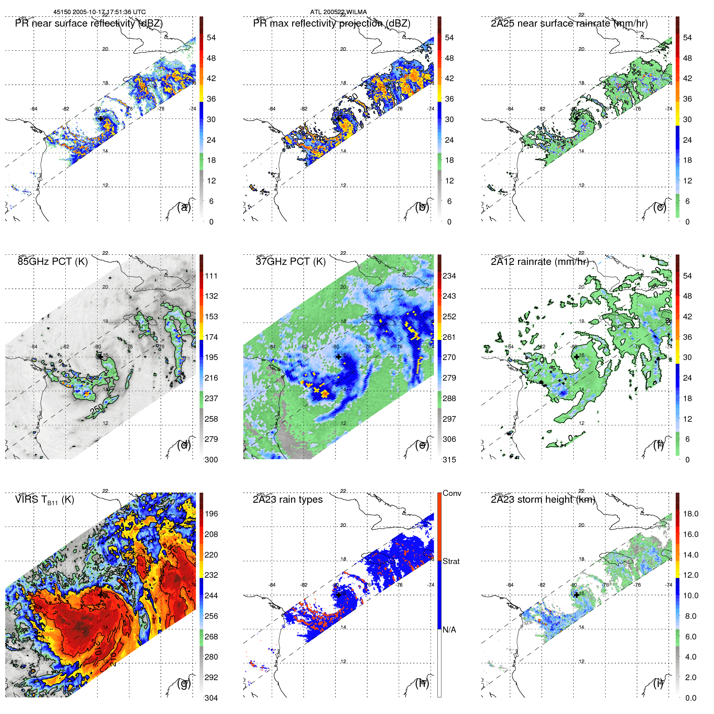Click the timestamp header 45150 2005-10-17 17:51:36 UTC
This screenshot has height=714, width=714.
point(100,12)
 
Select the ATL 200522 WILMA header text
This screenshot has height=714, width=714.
point(338,12)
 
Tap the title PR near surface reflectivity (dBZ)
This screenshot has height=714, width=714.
point(89,23)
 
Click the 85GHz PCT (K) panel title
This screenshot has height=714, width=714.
point(52,262)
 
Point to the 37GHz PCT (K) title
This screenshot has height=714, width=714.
point(290,262)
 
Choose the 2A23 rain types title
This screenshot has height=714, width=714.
point(287,500)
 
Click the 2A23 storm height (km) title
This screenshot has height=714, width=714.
point(543,500)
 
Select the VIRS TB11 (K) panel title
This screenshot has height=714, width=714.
point(44,500)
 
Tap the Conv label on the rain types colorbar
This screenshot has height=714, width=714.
point(452,493)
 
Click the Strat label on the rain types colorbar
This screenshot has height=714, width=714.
point(451,561)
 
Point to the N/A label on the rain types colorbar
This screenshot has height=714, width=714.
point(449,630)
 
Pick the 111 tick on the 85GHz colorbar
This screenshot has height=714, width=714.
point(211,276)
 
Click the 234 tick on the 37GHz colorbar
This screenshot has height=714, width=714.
point(449,276)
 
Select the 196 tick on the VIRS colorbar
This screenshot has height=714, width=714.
point(211,514)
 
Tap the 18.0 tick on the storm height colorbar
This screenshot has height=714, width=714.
point(690,514)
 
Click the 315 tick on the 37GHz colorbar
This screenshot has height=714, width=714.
point(449,460)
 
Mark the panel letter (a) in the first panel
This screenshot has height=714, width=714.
point(184,207)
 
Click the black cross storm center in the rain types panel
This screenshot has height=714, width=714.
point(339,595)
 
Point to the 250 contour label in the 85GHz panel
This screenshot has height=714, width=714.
point(97,410)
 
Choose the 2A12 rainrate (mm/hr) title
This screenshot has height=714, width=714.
point(539,262)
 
